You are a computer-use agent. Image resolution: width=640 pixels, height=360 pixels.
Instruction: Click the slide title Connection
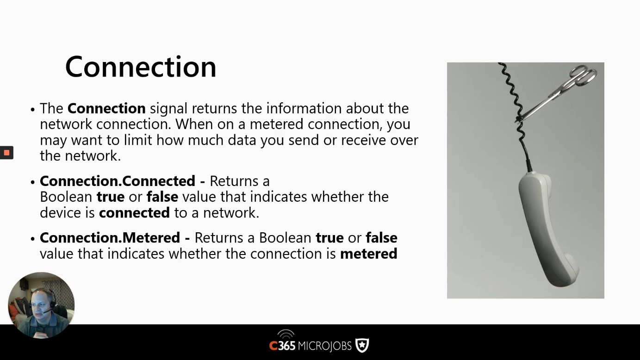click(x=141, y=67)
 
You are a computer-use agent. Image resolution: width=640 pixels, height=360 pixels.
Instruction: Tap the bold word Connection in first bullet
click(x=106, y=108)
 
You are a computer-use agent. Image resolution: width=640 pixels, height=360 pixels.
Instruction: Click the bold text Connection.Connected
click(x=118, y=181)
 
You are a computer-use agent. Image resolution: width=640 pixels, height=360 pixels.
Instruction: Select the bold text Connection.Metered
click(x=110, y=238)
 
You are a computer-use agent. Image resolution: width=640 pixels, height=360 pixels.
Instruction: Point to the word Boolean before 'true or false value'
click(x=66, y=197)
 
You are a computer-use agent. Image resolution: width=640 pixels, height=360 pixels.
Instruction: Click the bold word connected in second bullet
click(x=134, y=213)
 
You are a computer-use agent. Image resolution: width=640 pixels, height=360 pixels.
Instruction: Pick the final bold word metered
click(x=368, y=254)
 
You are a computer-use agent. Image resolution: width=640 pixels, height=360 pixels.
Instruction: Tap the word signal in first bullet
click(x=168, y=109)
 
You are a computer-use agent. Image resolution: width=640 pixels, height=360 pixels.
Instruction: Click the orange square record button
click(x=6, y=153)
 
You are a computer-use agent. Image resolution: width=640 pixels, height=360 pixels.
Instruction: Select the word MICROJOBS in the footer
click(x=324, y=346)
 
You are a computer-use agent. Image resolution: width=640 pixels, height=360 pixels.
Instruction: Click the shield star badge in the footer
click(x=362, y=345)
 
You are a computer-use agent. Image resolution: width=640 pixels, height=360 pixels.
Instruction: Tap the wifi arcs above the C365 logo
click(x=286, y=334)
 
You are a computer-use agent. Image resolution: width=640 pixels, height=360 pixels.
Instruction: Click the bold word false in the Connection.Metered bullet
click(x=381, y=238)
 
